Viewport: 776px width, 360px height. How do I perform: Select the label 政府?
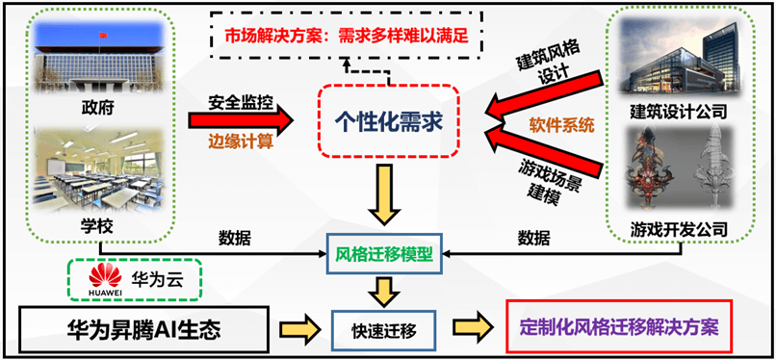click(x=97, y=108)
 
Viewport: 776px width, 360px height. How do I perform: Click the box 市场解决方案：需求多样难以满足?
click(x=347, y=39)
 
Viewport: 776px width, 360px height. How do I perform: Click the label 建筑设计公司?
click(x=679, y=112)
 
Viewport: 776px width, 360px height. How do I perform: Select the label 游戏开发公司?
click(x=679, y=229)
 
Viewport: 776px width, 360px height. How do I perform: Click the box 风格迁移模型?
click(x=384, y=256)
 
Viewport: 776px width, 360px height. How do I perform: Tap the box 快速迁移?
click(x=383, y=328)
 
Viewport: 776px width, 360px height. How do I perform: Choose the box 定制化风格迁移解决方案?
click(x=618, y=326)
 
